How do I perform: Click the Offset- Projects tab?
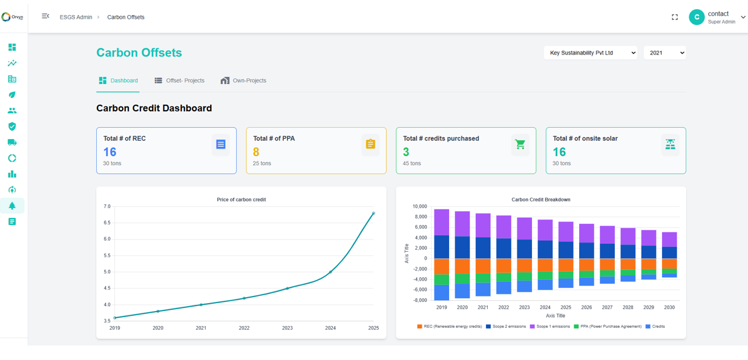(x=179, y=80)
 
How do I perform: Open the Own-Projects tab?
(x=243, y=80)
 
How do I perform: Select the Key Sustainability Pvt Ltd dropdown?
(x=590, y=53)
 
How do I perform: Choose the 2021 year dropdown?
(x=664, y=53)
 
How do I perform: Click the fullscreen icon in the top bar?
(x=675, y=18)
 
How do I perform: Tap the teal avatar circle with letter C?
(x=697, y=18)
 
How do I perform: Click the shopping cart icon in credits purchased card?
(x=520, y=145)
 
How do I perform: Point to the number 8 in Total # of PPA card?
(x=256, y=152)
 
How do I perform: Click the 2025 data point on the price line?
(x=373, y=213)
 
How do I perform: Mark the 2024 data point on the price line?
(x=330, y=272)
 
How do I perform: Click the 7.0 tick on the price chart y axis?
(x=107, y=207)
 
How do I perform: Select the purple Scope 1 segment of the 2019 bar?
(x=442, y=222)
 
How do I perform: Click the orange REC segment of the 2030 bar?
(x=669, y=263)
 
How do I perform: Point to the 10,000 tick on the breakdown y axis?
(x=419, y=207)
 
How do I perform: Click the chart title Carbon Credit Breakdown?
(x=540, y=200)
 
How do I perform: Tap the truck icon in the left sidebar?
(x=12, y=142)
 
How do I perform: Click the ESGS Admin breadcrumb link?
(x=76, y=18)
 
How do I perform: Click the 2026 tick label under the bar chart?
(x=586, y=307)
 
